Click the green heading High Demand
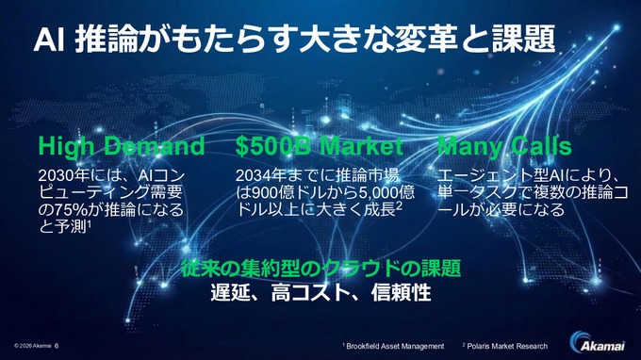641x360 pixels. pos(120,148)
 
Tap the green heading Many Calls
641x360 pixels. pos(504,148)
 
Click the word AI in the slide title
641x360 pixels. pos(47,40)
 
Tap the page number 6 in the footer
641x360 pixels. pos(57,346)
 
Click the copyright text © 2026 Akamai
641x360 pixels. pos(32,346)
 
